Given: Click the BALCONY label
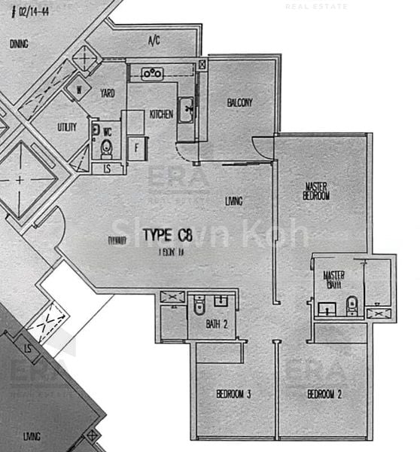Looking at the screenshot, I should point(239,103).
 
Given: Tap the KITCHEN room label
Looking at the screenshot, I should point(161,114).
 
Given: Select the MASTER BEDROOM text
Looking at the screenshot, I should point(317,191).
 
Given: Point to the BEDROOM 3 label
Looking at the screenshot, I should point(233,394).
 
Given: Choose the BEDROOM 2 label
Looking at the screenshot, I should point(324,394).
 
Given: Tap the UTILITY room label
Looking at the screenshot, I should point(67,127).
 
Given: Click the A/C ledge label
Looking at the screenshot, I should point(154,40).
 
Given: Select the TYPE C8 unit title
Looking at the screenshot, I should point(168,235).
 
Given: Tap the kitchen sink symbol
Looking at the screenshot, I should point(186,109).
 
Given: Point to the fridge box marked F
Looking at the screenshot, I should point(137,147).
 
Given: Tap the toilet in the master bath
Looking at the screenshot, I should point(352,305).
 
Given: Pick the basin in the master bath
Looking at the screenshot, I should point(327,307).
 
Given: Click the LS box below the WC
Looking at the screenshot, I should point(108,169).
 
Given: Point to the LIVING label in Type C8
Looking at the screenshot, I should point(233,200).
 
